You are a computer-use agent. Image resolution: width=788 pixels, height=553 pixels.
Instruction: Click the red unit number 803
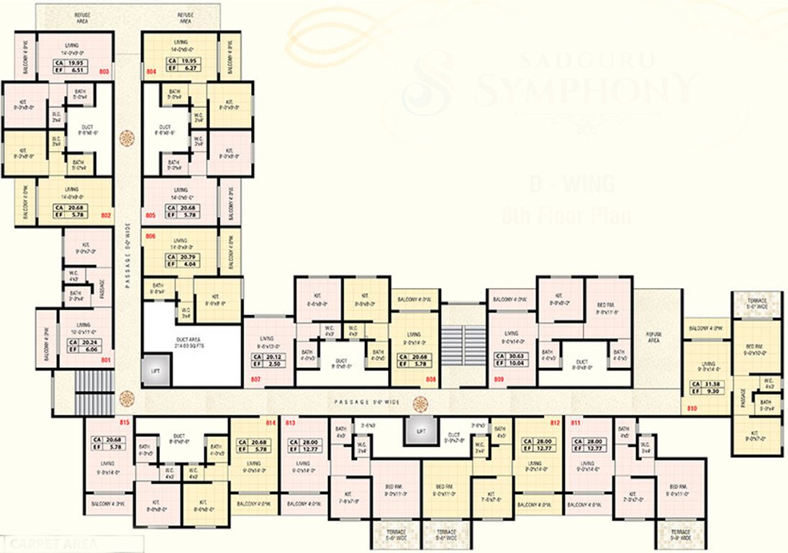click(104, 72)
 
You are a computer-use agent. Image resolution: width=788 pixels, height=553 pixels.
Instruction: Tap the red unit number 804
click(151, 72)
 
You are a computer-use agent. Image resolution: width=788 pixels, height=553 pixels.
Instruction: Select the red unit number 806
click(150, 236)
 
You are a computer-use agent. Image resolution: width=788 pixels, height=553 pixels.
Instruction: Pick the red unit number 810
click(692, 408)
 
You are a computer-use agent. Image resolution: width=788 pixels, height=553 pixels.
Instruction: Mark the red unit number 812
click(555, 423)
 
